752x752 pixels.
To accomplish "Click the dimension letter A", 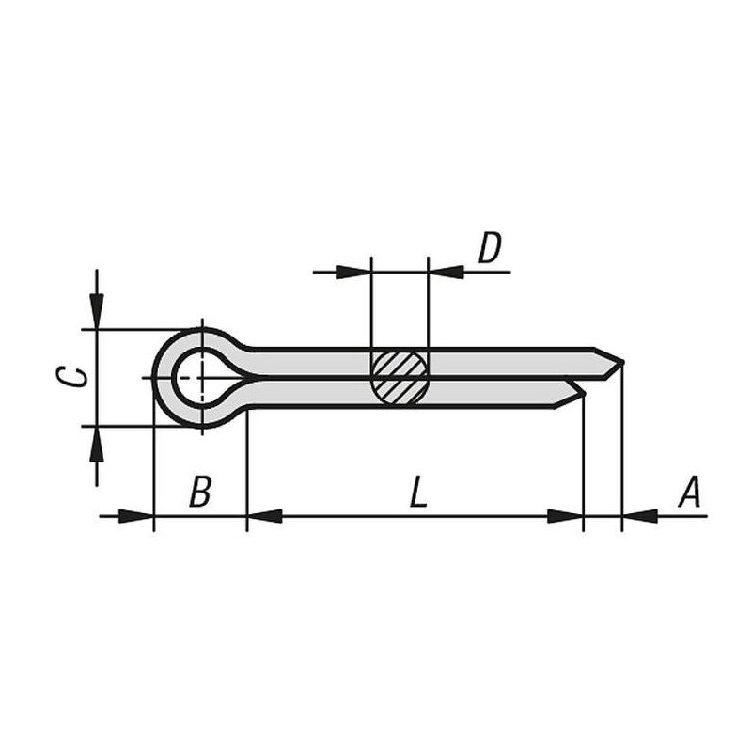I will coord(691,492).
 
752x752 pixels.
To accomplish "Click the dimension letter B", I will coord(199,492).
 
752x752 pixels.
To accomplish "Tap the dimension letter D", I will coord(490,249).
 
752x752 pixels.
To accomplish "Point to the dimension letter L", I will coord(418,492).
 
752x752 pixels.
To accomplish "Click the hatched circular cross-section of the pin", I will coord(399,377).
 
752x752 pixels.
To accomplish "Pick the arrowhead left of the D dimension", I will coord(354,273).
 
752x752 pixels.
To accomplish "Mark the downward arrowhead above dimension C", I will coord(97,310).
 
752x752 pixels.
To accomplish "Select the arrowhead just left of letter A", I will coord(640,515).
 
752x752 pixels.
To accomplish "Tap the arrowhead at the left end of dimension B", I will coord(135,515).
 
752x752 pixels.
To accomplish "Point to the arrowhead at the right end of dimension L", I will coord(565,515).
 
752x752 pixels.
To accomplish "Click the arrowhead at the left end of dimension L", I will coord(265,515).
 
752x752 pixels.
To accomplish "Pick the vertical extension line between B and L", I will coord(246,470).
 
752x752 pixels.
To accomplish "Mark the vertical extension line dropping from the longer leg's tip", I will coord(622,451).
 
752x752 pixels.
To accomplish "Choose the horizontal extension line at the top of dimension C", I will coord(132,330).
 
